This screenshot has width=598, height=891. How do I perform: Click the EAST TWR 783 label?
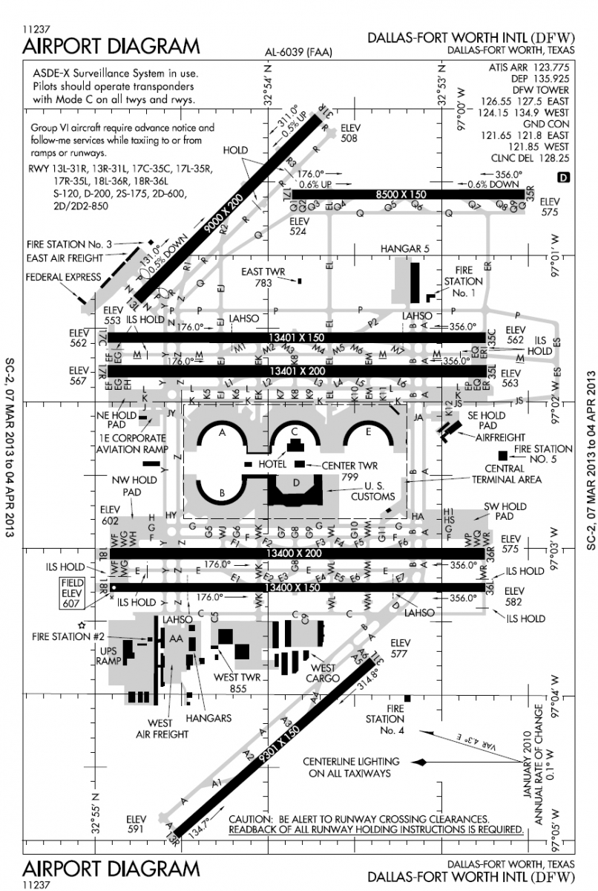pos(263,278)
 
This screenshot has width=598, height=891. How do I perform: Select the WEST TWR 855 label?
pos(235,682)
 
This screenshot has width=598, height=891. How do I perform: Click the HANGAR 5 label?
pos(404,249)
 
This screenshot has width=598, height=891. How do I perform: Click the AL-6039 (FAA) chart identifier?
pos(298,52)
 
